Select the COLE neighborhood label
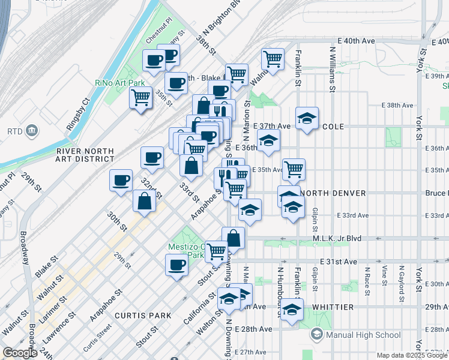(x=333, y=127)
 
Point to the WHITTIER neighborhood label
(x=333, y=307)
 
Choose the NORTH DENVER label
(x=333, y=193)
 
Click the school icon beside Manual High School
(x=317, y=334)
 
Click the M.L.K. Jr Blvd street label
(x=337, y=238)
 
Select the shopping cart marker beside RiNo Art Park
(x=141, y=97)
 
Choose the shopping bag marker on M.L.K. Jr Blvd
(x=233, y=238)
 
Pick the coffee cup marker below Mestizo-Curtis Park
(x=176, y=265)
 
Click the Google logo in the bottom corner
(x=20, y=353)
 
